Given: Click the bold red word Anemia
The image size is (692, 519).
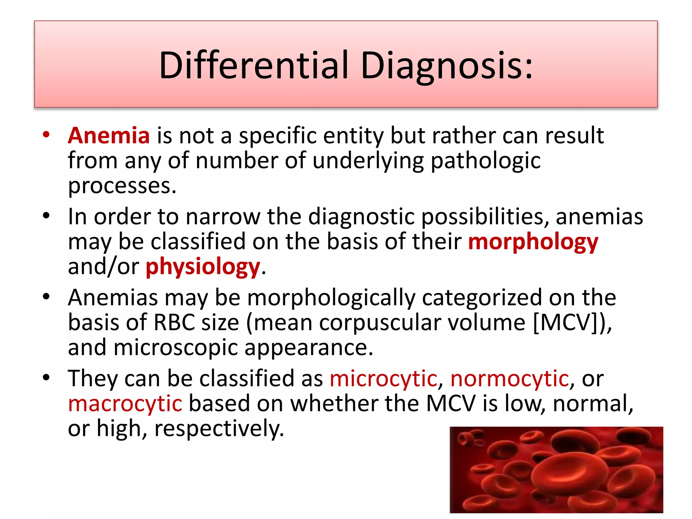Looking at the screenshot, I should pyautogui.click(x=109, y=135).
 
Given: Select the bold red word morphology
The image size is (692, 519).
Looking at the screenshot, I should pyautogui.click(x=533, y=242).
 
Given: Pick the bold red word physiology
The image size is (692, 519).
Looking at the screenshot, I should pyautogui.click(x=203, y=267).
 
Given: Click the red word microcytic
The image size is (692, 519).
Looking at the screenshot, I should pyautogui.click(x=383, y=378).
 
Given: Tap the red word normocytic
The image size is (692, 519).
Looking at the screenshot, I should pyautogui.click(x=510, y=378).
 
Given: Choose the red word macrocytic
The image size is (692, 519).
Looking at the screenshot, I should pyautogui.click(x=125, y=403).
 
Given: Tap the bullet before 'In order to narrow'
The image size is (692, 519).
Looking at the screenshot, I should pyautogui.click(x=46, y=216).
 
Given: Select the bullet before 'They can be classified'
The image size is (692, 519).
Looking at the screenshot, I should pyautogui.click(x=46, y=377).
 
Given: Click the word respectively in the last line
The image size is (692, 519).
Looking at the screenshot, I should pyautogui.click(x=219, y=428).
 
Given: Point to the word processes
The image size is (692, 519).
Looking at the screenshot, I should pyautogui.click(x=122, y=186).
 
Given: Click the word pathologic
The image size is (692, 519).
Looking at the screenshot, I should pyautogui.click(x=486, y=161).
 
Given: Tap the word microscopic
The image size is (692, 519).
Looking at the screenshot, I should pyautogui.click(x=176, y=348).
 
